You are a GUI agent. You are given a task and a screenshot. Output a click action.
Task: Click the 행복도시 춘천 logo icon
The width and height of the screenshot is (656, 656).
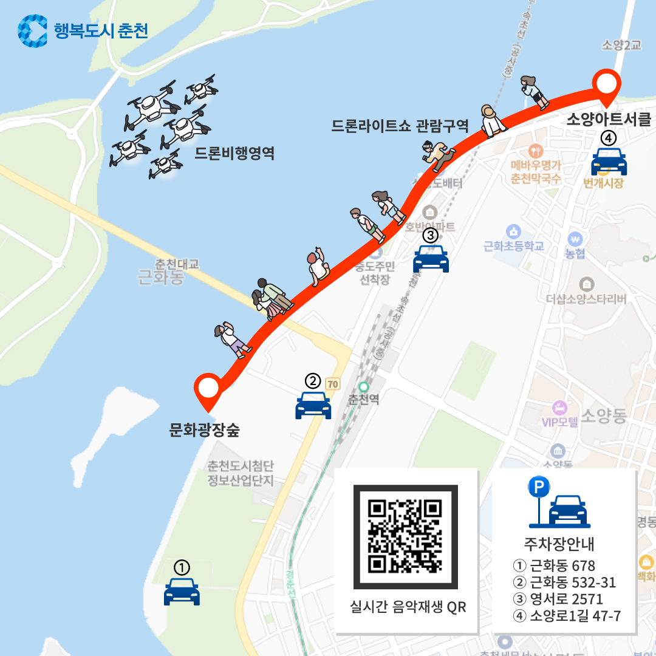pos(33,30)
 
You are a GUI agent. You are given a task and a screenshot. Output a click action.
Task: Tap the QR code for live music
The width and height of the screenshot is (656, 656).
pos(406,537)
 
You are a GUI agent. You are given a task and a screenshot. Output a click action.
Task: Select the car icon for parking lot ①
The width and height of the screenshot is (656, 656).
pos(182,592)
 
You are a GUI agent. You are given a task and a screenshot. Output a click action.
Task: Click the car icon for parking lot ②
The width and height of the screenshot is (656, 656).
pos(313,405)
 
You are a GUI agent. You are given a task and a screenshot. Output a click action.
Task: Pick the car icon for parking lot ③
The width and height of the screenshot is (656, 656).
pos(431,259)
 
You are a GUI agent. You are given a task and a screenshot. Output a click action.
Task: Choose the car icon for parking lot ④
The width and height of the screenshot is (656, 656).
pos(609,162)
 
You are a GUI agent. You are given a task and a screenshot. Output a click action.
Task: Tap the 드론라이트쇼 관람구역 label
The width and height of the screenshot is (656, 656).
pos(400,126)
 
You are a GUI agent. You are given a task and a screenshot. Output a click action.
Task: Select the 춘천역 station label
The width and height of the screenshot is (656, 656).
pos(364,401)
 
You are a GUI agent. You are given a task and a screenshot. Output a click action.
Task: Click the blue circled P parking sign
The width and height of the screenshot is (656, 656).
pos(538,487)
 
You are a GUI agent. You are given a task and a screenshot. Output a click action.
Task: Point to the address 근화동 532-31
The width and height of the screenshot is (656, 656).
pos(564,583)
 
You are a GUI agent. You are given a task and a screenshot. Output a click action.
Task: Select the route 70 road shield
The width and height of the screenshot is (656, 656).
pos(332,384)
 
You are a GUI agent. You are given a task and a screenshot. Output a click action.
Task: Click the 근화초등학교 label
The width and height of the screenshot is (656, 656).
pos(514,246)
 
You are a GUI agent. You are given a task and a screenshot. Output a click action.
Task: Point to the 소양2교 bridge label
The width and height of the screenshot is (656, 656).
pos(621,45)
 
